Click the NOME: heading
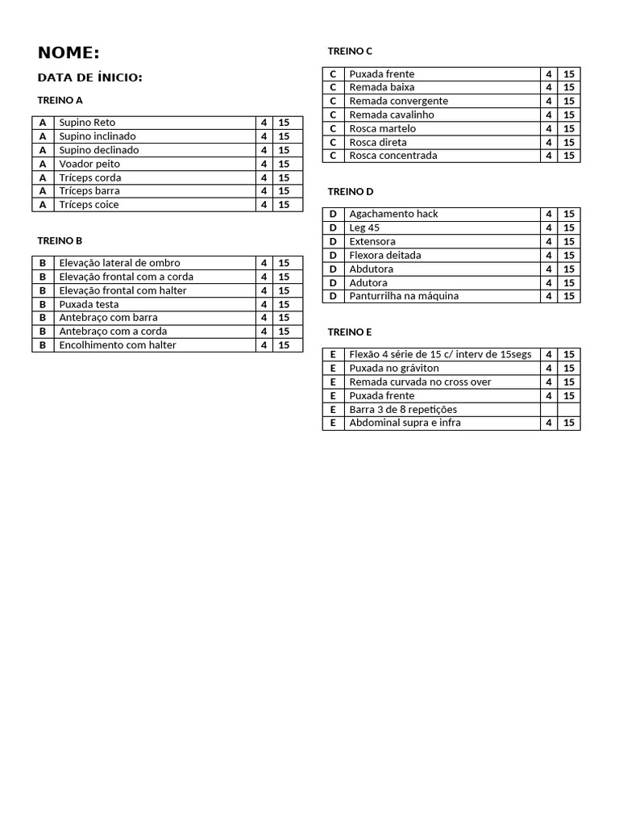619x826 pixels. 69,53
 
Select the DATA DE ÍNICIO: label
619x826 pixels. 89,77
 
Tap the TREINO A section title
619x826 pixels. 60,100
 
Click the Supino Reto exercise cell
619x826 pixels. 87,123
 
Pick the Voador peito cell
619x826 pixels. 89,164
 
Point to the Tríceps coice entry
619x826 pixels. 89,205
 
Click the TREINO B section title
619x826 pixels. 60,240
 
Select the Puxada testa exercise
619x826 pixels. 89,304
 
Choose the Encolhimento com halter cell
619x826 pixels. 118,345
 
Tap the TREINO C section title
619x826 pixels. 350,51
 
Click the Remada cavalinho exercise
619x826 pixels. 392,115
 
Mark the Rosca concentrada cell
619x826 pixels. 393,156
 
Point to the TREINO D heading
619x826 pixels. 351,191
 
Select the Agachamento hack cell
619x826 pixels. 393,214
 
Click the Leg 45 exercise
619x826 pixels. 364,227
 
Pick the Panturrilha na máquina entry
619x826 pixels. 404,296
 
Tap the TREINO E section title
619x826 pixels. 350,332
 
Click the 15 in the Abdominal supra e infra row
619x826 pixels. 569,423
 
